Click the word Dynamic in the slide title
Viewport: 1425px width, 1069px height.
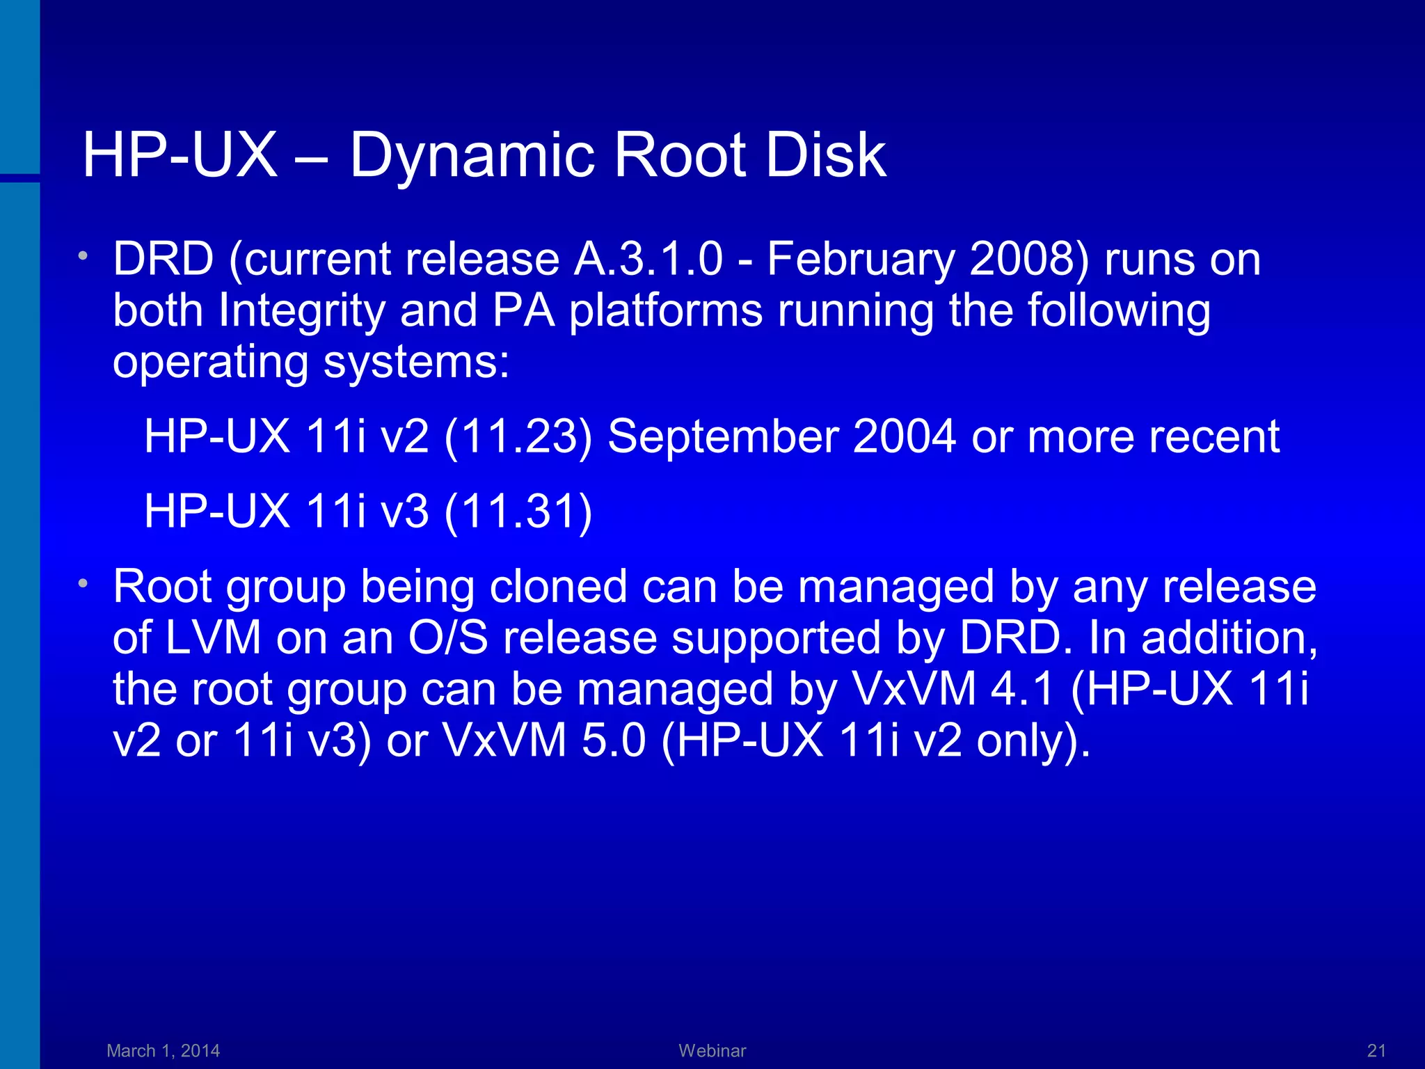pos(472,156)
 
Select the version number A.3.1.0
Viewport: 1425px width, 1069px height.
pos(648,260)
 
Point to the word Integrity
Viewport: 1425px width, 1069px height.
pos(301,311)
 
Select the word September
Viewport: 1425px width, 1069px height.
pos(722,437)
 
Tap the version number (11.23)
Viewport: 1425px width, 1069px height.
pos(518,437)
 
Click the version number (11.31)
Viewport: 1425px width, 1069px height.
pos(518,512)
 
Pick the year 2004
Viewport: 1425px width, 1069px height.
pos(904,437)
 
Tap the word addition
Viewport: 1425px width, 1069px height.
pos(1229,638)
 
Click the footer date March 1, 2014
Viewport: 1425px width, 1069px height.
pos(164,1050)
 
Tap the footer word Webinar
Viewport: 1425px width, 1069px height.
pos(712,1050)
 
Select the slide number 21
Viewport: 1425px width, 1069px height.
pos(1376,1050)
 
